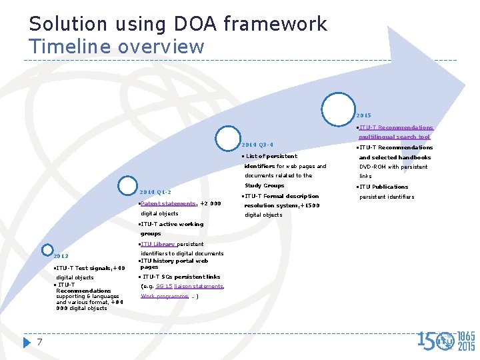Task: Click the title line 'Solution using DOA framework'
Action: pyautogui.click(x=178, y=24)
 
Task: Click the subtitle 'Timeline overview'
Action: pyautogui.click(x=116, y=47)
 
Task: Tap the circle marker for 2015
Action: pyautogui.click(x=338, y=109)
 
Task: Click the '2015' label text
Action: pyautogui.click(x=364, y=115)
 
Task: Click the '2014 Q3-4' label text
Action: pyautogui.click(x=257, y=145)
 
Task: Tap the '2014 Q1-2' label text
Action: pyautogui.click(x=155, y=192)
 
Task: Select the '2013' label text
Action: pyautogui.click(x=61, y=256)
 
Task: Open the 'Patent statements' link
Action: pyautogui.click(x=169, y=203)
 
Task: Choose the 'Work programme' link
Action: pyautogui.click(x=164, y=295)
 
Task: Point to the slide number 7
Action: pyautogui.click(x=40, y=342)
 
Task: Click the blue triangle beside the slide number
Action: pyautogui.click(x=27, y=342)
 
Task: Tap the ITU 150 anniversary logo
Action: pyautogui.click(x=446, y=340)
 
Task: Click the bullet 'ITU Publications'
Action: pyautogui.click(x=384, y=187)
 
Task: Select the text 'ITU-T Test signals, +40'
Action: pyautogui.click(x=90, y=268)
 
